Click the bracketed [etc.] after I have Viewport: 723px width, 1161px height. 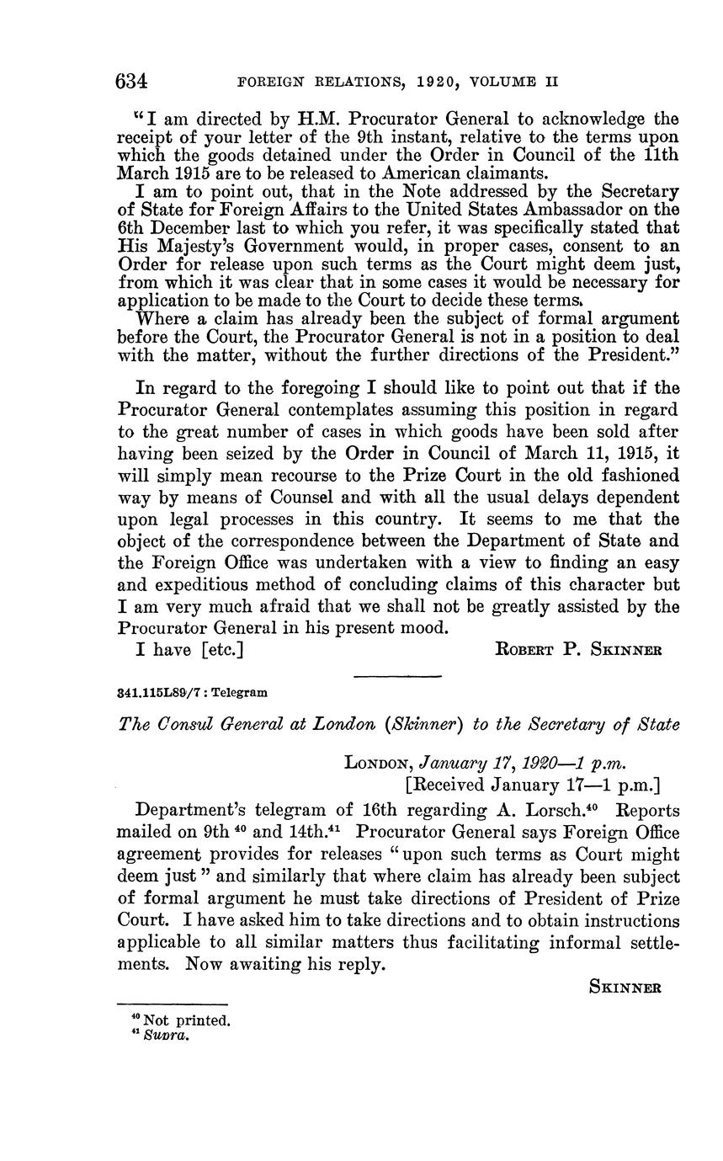[x=222, y=650]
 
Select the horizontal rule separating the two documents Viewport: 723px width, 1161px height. [x=397, y=675]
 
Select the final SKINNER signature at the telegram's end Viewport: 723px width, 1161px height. [x=625, y=988]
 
